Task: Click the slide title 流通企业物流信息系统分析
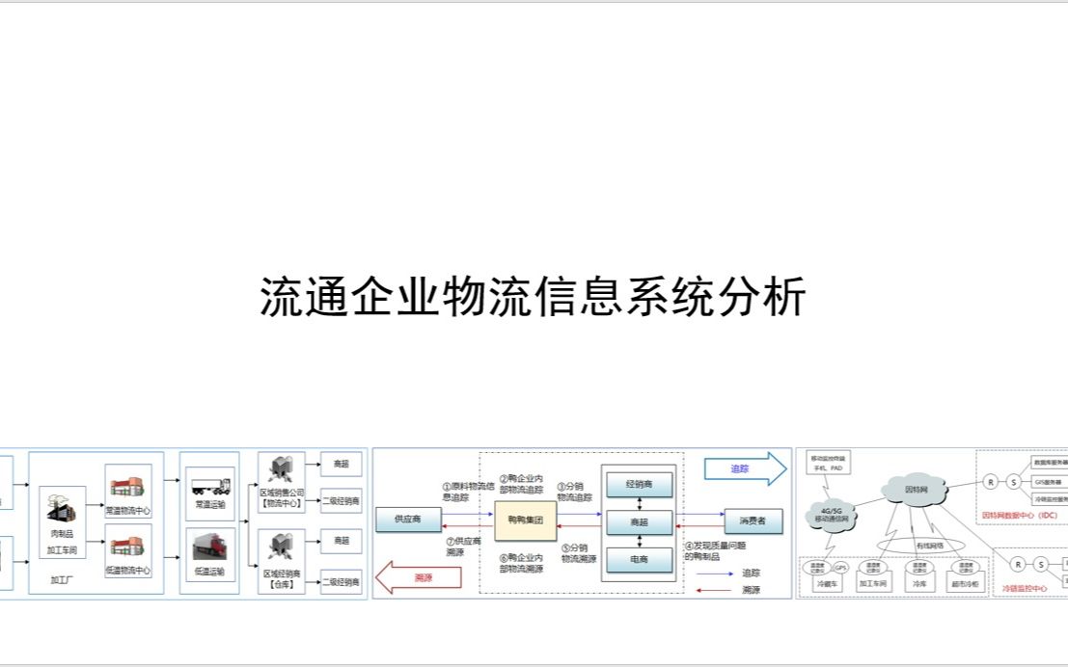533,297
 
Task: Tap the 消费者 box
753,521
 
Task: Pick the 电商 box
637,559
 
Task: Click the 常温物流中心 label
129,511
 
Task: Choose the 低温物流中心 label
128,571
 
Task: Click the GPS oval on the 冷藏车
839,567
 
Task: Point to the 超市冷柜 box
962,584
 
